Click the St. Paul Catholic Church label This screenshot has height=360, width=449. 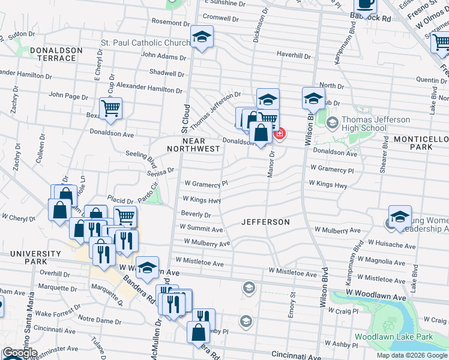click(145, 43)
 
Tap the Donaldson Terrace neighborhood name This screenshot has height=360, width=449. click(47, 54)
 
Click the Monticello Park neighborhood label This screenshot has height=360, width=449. click(421, 143)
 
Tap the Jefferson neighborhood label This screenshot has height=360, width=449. click(265, 222)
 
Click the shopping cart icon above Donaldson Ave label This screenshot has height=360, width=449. click(111, 109)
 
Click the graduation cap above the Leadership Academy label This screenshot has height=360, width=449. click(400, 217)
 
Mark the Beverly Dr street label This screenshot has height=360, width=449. click(194, 214)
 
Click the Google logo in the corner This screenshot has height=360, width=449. click(19, 353)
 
